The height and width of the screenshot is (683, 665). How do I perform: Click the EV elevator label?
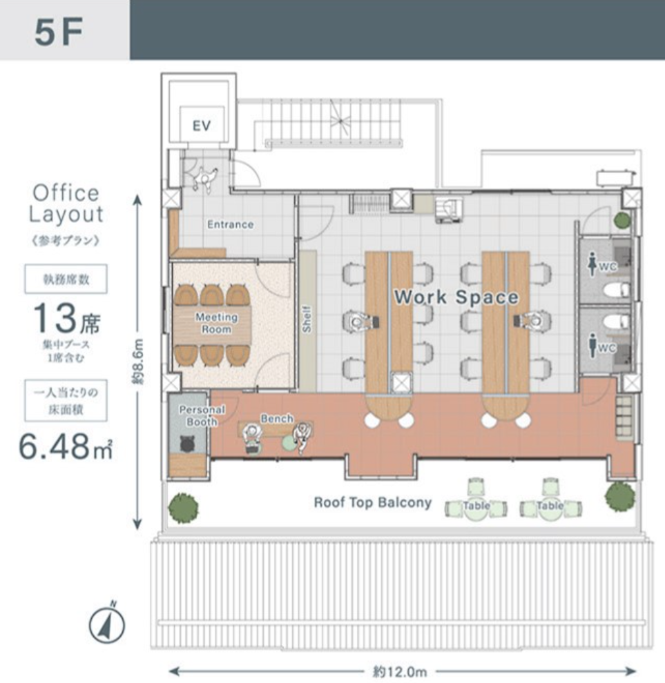(202, 126)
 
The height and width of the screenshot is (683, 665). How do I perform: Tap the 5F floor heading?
(59, 32)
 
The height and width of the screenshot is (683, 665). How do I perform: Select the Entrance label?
(230, 224)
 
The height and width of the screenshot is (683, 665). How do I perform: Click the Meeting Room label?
(216, 323)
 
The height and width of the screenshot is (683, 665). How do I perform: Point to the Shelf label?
(307, 319)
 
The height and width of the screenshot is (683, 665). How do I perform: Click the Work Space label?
(456, 297)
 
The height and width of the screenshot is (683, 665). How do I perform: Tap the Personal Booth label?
(202, 415)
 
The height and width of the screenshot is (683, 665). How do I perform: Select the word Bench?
(277, 419)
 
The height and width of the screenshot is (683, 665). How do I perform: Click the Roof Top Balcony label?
(373, 502)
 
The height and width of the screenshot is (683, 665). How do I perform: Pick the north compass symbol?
(107, 625)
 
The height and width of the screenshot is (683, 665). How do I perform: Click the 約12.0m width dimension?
(400, 671)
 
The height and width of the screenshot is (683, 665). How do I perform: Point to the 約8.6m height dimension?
(138, 362)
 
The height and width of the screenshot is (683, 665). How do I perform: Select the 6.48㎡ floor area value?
(66, 447)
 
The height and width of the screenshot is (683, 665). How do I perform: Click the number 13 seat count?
(55, 317)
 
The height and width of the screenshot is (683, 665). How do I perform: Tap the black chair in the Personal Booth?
(188, 444)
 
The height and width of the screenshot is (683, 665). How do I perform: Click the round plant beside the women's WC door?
(622, 220)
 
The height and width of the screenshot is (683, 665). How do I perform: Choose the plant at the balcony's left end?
(183, 508)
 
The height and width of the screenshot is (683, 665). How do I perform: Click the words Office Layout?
(66, 204)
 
